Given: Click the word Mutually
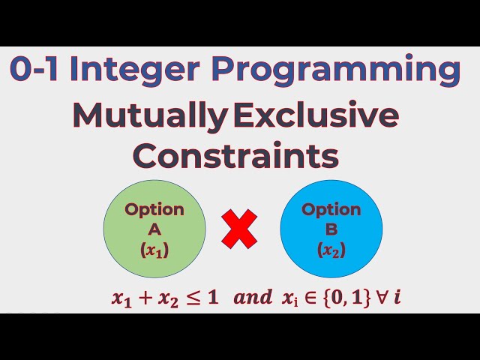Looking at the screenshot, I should pyautogui.click(x=150, y=116).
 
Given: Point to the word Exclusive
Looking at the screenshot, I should pyautogui.click(x=316, y=115).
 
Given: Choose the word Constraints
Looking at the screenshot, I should pyautogui.click(x=235, y=156).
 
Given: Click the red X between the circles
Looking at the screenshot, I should pyautogui.click(x=239, y=229).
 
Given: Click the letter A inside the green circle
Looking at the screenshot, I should pyautogui.click(x=154, y=230).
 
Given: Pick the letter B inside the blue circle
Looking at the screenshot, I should pyautogui.click(x=331, y=230).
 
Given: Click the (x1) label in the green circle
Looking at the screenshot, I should pyautogui.click(x=154, y=251).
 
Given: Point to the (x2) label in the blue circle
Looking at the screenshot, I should pyautogui.click(x=331, y=251).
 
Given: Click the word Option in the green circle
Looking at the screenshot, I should pyautogui.click(x=154, y=209).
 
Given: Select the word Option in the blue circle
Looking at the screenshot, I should pyautogui.click(x=331, y=209).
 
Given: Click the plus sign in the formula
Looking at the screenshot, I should pyautogui.click(x=143, y=298).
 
